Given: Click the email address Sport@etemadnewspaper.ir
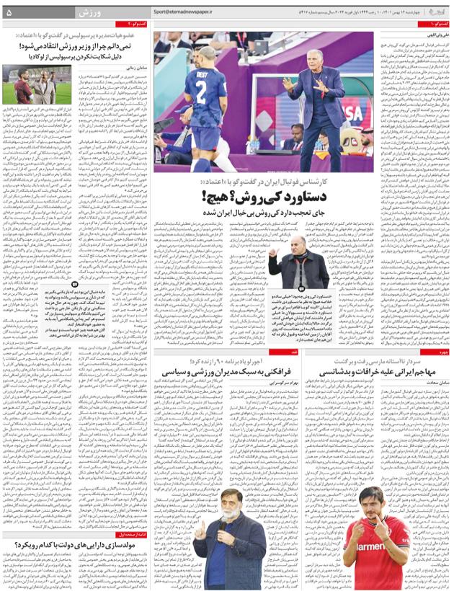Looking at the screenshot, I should [188, 12].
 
